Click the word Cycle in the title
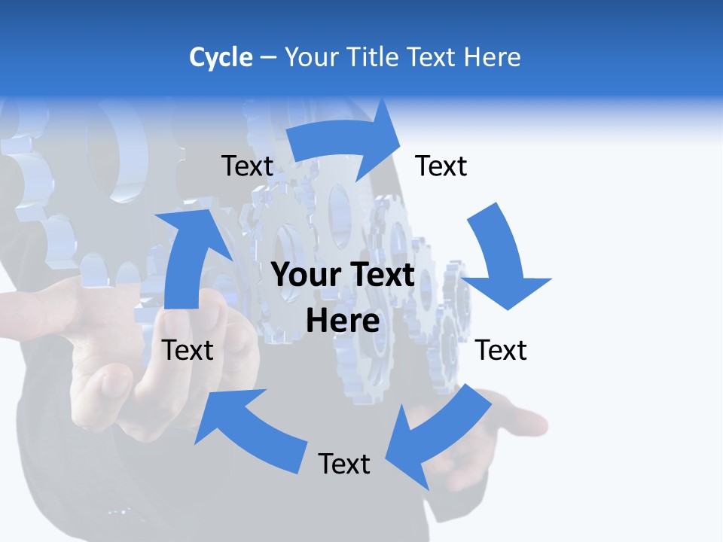pos(221,57)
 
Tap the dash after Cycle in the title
pos(268,58)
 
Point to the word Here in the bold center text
pos(343,321)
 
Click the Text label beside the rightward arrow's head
pos(441,166)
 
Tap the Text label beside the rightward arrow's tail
pos(247,166)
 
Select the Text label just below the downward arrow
pos(502,350)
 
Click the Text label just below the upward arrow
pos(188,350)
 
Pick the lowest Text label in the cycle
pos(344,464)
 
